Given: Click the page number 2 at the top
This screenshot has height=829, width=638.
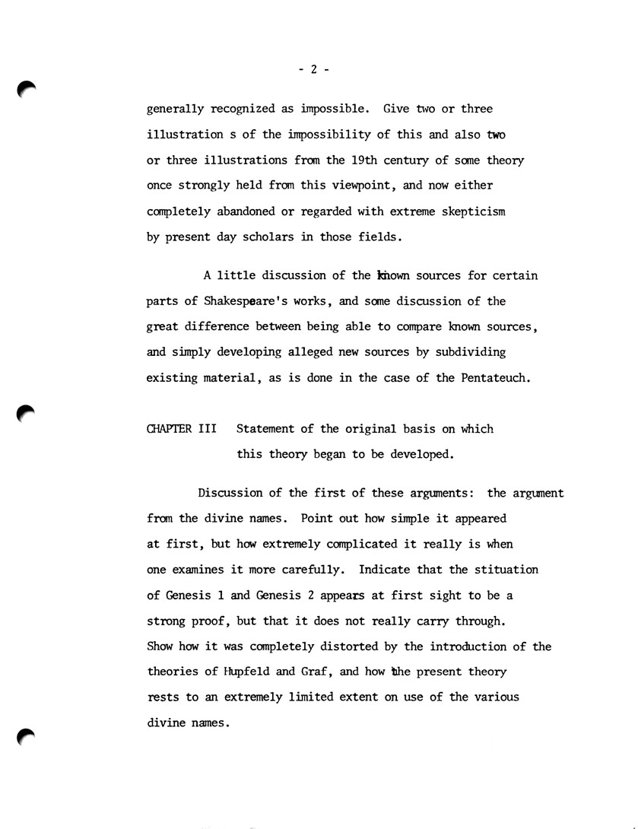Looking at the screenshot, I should [x=313, y=69].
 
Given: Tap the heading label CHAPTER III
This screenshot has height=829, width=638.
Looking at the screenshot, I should [x=181, y=429].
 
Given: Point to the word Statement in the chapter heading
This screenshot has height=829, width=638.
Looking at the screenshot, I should [x=268, y=429].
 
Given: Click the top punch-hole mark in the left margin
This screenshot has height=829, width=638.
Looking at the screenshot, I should [x=27, y=91].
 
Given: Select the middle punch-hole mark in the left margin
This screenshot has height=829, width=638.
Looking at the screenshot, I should [x=27, y=415].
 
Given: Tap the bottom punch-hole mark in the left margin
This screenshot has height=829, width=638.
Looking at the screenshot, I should [x=27, y=737].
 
